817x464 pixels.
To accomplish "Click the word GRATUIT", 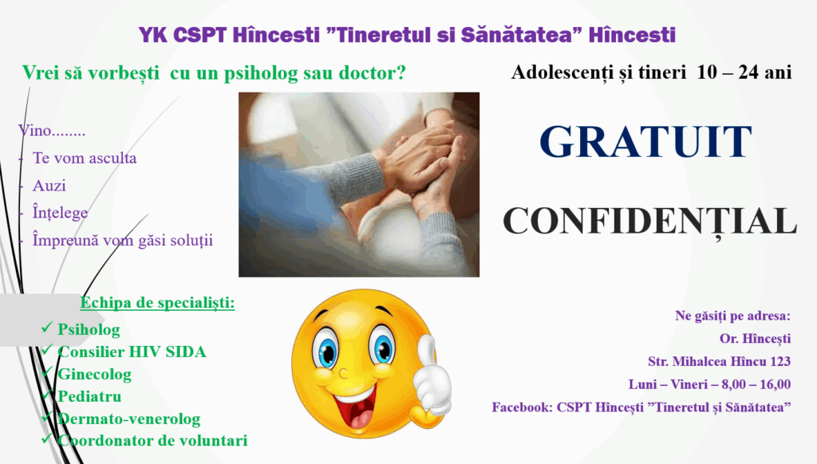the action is coord(645,141).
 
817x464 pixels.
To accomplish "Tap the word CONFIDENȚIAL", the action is coord(649,222).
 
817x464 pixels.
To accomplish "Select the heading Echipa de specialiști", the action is coord(157,303).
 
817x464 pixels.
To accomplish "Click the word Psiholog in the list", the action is coord(89,329).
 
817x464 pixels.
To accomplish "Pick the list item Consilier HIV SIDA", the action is coord(132,352).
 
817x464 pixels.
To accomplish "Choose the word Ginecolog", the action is coord(94,375).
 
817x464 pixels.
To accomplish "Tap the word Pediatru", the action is coord(89,396).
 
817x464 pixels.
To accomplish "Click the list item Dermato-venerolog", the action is coord(128,419).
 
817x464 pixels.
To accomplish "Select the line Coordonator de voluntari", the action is coord(152,441).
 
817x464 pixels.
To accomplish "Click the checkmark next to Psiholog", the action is coord(47,328).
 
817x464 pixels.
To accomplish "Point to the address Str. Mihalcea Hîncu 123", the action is coord(719,361).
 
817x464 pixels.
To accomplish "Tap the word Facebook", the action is coord(522,407).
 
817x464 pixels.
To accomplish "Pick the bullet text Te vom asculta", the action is coord(85,159).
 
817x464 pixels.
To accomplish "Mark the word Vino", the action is coord(34,130).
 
